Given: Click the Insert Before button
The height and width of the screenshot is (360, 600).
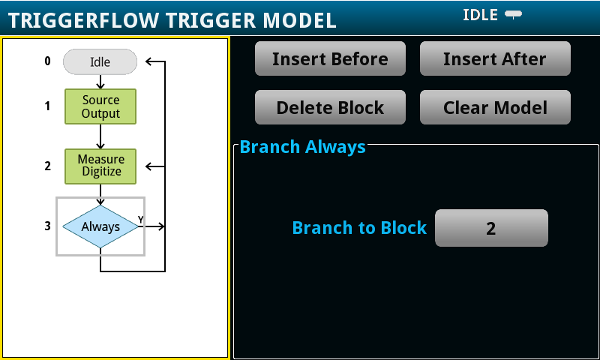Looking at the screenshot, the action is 330,58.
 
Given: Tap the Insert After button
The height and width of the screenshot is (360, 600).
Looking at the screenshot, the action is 495,58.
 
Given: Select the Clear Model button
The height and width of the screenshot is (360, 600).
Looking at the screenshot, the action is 495,107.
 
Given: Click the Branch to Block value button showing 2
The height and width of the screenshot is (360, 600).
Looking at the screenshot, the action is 491,228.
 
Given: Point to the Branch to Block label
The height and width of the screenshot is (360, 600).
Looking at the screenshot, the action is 359,228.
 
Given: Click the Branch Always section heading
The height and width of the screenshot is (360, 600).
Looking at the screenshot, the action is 303,147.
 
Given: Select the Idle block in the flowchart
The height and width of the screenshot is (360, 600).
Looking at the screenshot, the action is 100,61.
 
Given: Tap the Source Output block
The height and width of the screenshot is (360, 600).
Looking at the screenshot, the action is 100,106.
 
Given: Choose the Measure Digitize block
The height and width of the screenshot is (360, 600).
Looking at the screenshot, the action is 100,166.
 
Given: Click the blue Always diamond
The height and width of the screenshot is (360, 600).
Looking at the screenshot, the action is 100,226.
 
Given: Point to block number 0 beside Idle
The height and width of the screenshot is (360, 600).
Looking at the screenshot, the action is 47,61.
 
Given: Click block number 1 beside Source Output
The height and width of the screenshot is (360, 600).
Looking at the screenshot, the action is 47,106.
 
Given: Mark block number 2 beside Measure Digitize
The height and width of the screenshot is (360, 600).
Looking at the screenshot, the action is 47,166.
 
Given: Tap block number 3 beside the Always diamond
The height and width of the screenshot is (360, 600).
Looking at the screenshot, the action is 47,226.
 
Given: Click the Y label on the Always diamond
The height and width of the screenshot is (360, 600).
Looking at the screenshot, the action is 141,220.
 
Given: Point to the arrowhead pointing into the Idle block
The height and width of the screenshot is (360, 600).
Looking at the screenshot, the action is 148,61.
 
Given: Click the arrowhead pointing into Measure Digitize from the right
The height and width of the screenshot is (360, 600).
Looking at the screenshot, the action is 148,166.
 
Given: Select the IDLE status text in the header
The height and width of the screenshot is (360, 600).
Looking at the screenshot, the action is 480,15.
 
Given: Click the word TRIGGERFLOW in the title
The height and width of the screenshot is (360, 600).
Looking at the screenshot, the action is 83,20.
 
